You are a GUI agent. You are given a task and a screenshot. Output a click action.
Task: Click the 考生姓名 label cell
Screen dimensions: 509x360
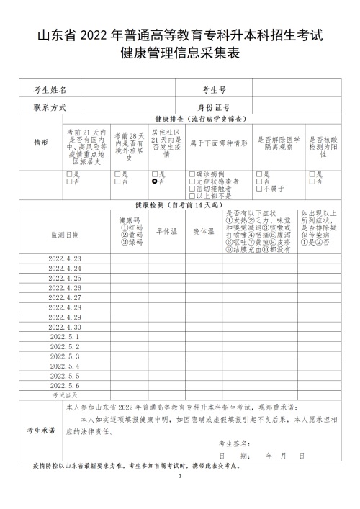pos(50,91)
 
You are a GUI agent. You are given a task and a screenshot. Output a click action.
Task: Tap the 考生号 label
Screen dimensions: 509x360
pos(215,91)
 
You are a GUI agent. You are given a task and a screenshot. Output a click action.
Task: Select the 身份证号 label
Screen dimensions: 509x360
pos(215,107)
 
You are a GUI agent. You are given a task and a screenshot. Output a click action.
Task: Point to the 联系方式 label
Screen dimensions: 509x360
pos(50,107)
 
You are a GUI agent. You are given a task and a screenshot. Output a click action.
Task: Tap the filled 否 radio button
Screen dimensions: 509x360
pos(155,181)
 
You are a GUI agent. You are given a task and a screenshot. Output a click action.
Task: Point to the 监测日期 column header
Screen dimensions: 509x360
pos(65,235)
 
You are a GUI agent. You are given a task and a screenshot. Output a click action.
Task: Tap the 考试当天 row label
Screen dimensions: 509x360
pos(65,395)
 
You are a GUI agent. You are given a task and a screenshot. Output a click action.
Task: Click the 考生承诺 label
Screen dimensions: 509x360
pos(40,430)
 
